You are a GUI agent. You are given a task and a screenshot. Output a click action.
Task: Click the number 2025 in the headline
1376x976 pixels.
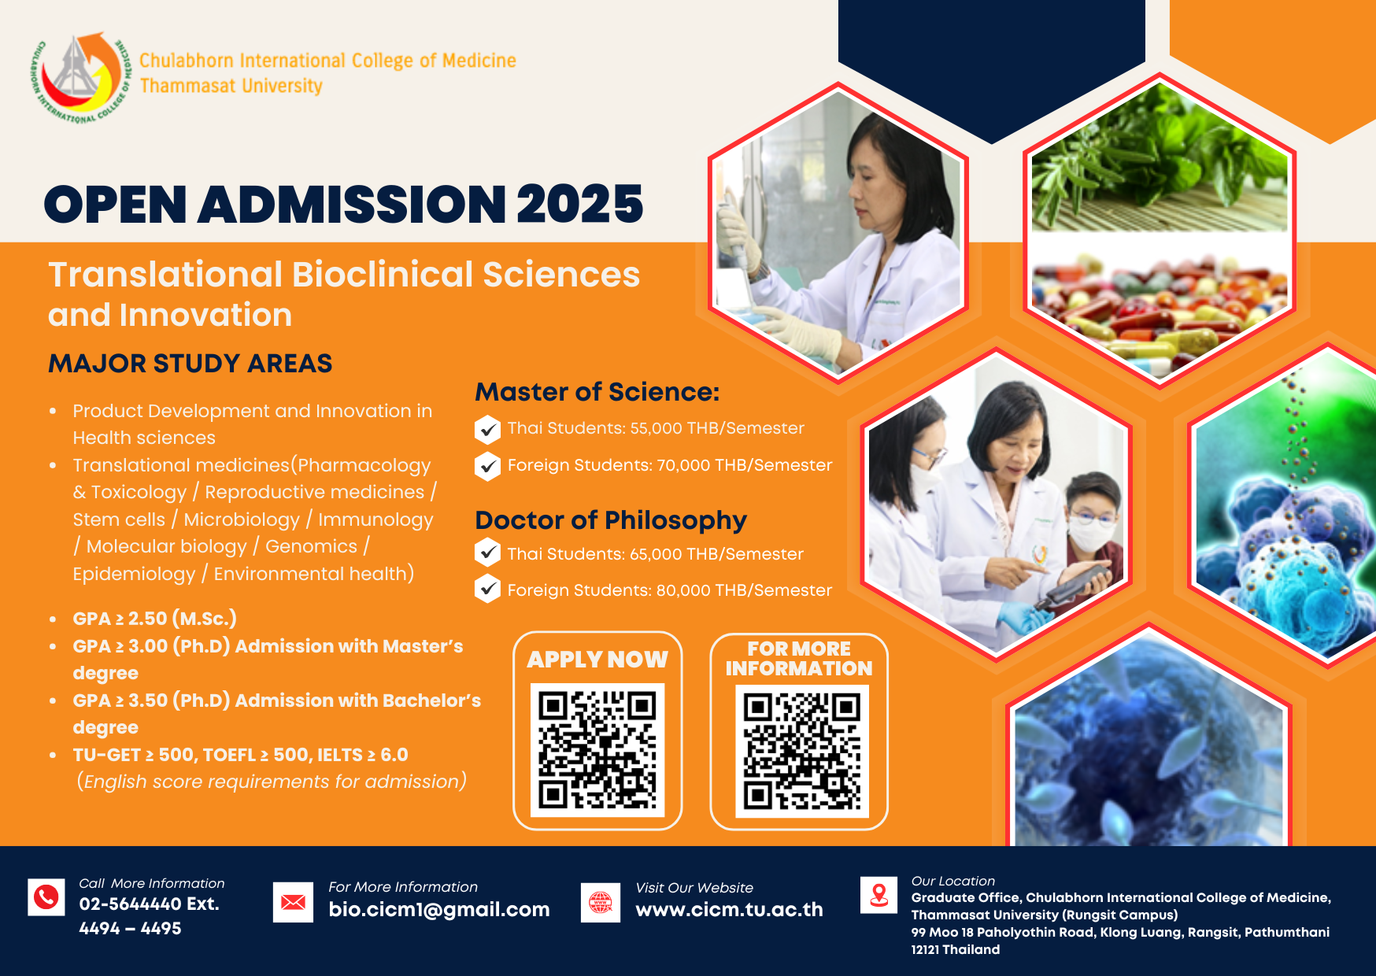580,204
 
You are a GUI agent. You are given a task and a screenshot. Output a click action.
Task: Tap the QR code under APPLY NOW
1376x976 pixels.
597,750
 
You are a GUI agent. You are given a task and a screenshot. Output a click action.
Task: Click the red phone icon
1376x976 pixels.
46,897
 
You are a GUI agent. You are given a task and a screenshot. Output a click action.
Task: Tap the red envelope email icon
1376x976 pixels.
293,902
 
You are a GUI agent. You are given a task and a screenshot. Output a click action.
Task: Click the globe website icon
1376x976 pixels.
601,903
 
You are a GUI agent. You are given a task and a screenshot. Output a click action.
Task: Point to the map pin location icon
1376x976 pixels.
879,895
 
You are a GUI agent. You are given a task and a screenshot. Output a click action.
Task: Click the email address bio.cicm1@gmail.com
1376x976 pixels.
439,909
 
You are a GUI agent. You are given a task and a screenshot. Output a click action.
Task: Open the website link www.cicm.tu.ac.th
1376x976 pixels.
729,909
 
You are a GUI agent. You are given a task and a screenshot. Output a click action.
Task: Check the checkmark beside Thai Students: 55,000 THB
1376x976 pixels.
488,430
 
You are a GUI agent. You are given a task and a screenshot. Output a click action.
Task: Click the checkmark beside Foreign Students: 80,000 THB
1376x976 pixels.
488,589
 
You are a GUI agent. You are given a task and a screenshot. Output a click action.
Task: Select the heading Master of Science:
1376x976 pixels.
597,391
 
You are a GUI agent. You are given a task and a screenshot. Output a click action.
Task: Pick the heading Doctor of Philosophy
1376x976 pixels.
611,520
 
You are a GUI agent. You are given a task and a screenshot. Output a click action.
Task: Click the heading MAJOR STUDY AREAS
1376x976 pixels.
190,363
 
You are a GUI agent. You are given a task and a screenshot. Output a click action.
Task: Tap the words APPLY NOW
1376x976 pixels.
597,660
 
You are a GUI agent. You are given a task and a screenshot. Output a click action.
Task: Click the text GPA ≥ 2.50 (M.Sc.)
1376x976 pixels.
155,619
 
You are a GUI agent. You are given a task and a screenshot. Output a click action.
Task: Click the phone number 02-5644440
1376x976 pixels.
131,904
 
